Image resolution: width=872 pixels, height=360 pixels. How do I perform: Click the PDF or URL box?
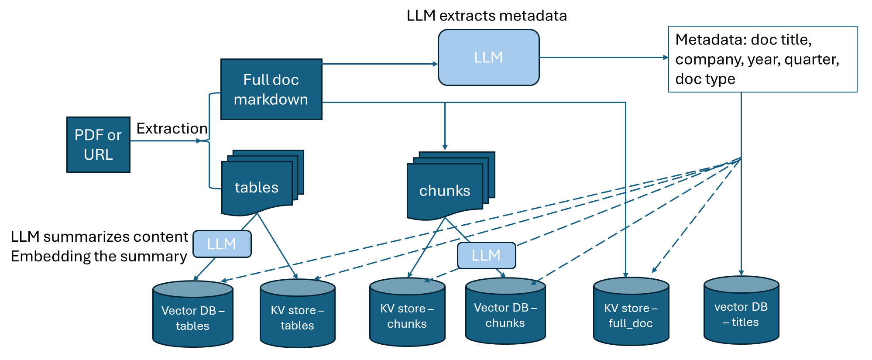click(x=98, y=144)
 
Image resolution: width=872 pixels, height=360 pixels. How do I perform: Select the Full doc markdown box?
click(x=271, y=89)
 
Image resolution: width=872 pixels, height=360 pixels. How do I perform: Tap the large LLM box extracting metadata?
click(x=488, y=58)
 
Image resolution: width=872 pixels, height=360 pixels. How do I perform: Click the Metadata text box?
click(x=762, y=59)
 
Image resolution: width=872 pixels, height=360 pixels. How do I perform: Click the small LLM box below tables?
click(x=222, y=244)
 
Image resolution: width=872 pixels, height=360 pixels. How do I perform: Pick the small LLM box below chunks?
click(x=486, y=256)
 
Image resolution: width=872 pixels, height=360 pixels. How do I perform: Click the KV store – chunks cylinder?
click(x=407, y=315)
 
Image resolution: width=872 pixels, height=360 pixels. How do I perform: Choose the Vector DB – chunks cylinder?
click(x=505, y=315)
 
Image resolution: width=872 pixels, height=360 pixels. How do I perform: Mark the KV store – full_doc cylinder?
click(x=631, y=315)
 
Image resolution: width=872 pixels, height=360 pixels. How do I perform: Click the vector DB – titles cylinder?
click(x=741, y=314)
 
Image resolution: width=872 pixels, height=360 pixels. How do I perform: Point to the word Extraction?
click(x=172, y=128)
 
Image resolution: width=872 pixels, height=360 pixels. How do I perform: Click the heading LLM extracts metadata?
click(x=486, y=16)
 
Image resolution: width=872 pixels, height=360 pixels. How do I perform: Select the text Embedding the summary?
click(x=99, y=256)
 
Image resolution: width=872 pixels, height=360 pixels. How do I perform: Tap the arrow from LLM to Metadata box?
click(x=602, y=57)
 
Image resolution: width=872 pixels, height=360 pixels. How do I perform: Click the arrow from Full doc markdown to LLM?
click(x=380, y=64)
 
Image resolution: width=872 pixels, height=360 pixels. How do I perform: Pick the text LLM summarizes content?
click(x=99, y=237)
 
